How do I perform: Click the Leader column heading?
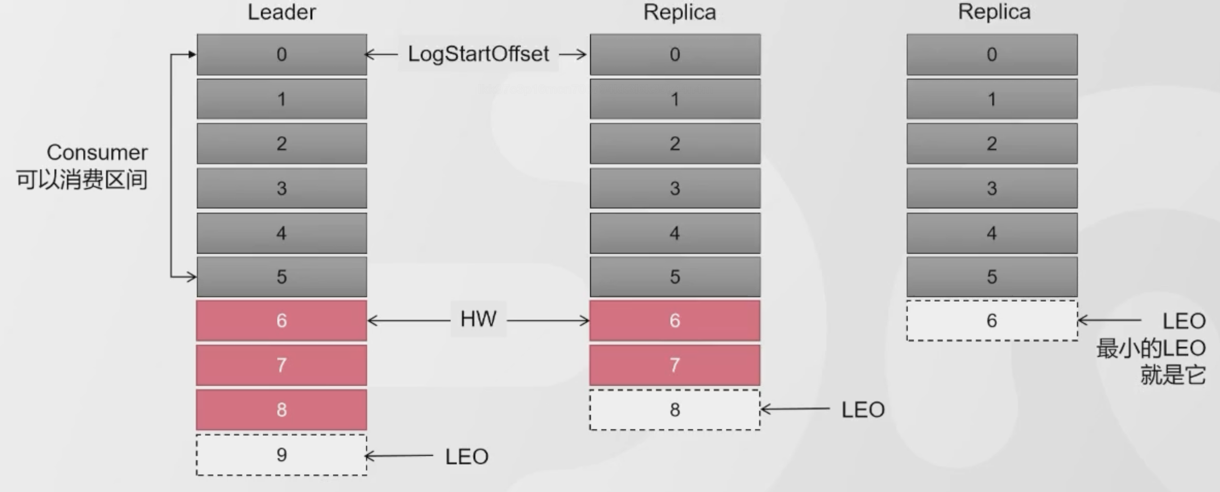pos(282,12)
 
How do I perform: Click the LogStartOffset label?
pos(478,54)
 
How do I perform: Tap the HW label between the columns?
pos(478,319)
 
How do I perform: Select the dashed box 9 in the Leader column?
pos(281,455)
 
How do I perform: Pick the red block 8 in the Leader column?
pos(281,410)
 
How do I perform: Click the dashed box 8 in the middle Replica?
pos(675,410)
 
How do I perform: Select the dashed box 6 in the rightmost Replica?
pos(992,320)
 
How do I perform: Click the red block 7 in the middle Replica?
pos(675,365)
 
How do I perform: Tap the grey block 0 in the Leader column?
pos(282,54)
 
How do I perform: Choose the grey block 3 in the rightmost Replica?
pos(992,188)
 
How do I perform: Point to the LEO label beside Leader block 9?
pos(467,457)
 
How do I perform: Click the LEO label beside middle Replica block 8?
pos(863,410)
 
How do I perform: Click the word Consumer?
pos(97,152)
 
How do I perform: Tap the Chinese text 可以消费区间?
pos(82,180)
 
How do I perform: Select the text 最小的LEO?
pos(1151,348)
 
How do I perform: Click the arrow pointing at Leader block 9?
pos(399,456)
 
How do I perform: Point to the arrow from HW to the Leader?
pos(409,321)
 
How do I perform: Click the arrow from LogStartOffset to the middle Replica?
pos(573,54)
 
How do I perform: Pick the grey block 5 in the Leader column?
pos(282,277)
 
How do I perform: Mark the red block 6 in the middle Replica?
pos(675,320)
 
